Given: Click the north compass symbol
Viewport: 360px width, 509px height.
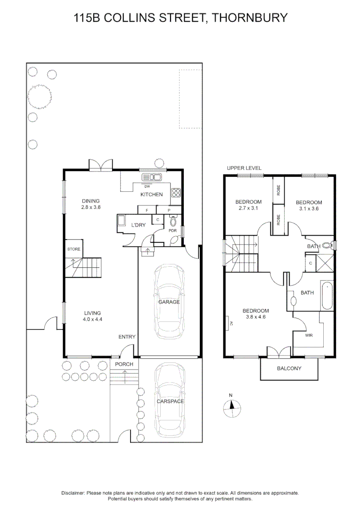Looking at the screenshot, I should (230, 407).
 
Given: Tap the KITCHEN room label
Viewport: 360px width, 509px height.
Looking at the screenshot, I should (151, 195).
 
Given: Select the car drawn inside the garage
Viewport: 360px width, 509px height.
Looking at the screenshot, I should (169, 302).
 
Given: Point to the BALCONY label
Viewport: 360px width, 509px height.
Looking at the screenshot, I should (289, 369).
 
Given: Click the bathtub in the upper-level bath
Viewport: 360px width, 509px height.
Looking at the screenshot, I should (327, 296).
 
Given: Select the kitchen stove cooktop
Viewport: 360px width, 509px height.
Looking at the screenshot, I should (176, 192).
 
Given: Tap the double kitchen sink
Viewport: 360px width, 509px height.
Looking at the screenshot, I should (152, 177).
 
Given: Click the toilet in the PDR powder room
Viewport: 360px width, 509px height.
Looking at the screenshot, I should (173, 221).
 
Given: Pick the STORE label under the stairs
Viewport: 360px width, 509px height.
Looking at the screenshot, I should (74, 249).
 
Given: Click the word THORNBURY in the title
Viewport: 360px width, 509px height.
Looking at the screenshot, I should (249, 18).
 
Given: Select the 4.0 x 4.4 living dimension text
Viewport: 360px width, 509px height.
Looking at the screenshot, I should (93, 320).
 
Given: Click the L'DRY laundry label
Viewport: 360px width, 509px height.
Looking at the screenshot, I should (138, 225).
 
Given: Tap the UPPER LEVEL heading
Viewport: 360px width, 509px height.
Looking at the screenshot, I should (244, 168).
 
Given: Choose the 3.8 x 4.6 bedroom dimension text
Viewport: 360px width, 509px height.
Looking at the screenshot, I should (255, 317).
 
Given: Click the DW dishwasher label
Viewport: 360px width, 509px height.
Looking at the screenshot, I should (147, 186).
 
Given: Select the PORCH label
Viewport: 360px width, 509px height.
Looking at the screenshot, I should (124, 364).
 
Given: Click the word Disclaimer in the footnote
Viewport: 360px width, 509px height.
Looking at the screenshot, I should (73, 493).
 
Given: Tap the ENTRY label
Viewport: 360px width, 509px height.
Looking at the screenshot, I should (127, 337).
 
